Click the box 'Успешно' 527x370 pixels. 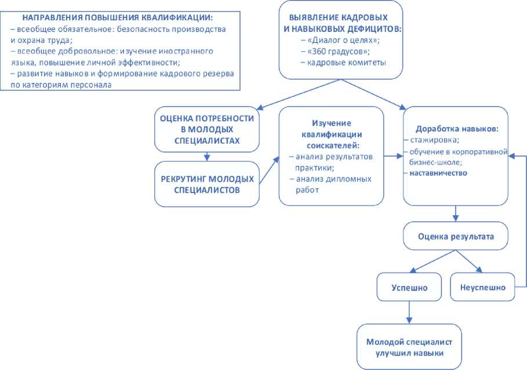(409, 287)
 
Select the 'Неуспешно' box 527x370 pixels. (482, 287)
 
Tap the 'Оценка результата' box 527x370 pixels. (456, 237)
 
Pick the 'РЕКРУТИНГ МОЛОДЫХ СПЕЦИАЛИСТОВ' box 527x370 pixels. (207, 184)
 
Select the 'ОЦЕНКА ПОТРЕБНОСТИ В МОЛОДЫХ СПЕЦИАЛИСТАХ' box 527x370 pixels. (207, 129)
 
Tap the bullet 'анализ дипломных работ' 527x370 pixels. (330, 184)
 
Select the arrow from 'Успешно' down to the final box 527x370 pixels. (409, 312)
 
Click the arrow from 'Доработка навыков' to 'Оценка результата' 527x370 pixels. (456, 215)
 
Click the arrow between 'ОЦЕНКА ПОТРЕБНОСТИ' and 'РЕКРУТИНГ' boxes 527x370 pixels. (207, 155)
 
